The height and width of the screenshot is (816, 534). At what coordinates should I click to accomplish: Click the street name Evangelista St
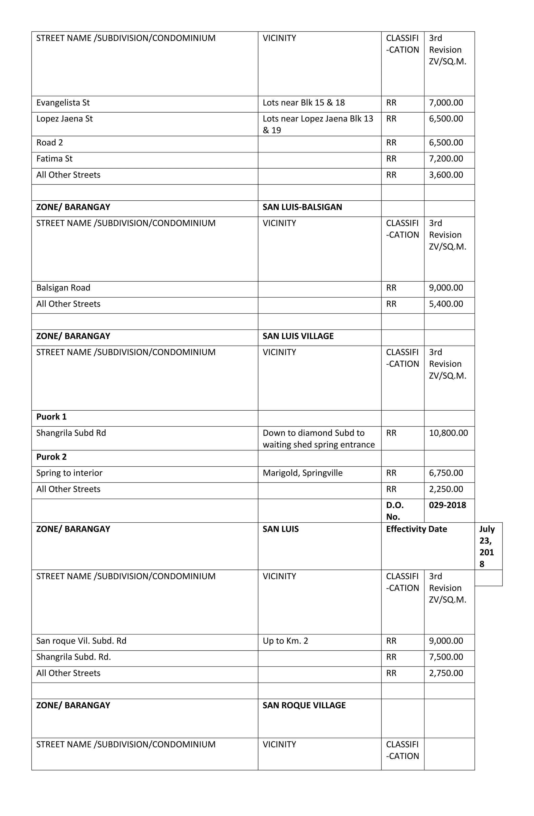pyautogui.click(x=63, y=103)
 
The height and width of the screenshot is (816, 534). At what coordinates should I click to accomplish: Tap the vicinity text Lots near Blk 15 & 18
pyautogui.click(x=304, y=103)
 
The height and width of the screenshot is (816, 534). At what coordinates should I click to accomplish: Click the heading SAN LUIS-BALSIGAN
pyautogui.click(x=302, y=207)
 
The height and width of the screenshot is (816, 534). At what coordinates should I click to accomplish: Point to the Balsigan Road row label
pyautogui.click(x=63, y=288)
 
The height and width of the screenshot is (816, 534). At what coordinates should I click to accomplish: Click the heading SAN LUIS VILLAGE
pyautogui.click(x=298, y=336)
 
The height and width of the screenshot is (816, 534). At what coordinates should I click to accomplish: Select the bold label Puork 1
pyautogui.click(x=51, y=417)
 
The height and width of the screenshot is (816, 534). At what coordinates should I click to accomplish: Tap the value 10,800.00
pyautogui.click(x=448, y=433)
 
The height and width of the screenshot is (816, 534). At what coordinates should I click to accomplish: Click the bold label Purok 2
pyautogui.click(x=51, y=457)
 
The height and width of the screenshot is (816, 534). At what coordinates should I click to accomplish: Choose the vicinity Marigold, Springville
pyautogui.click(x=302, y=473)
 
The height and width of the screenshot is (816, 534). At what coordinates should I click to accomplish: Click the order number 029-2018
pyautogui.click(x=447, y=505)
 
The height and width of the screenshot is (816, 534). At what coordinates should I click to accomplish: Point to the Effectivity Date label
pyautogui.click(x=416, y=529)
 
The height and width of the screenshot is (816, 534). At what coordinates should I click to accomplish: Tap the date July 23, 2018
pyautogui.click(x=486, y=547)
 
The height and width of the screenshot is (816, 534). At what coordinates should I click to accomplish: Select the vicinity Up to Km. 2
pyautogui.click(x=285, y=641)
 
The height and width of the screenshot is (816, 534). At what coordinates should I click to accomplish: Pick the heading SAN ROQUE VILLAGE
pyautogui.click(x=304, y=706)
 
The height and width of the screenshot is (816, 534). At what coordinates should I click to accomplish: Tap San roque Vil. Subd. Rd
pyautogui.click(x=81, y=641)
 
